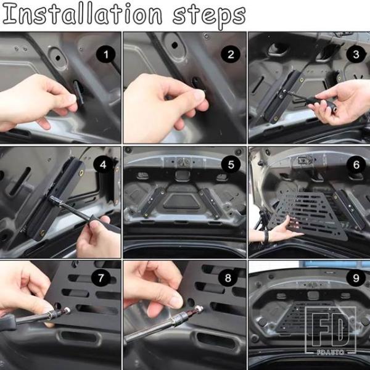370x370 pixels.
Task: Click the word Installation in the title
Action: [x=82, y=14]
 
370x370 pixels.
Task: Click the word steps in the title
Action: [x=209, y=17]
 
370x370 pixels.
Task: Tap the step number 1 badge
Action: [x=105, y=54]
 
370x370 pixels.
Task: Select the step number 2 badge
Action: [x=231, y=54]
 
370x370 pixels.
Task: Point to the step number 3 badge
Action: [x=356, y=54]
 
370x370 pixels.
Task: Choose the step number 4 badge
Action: [x=103, y=165]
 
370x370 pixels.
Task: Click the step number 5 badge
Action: [x=231, y=165]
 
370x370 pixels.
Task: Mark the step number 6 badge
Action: [x=356, y=165]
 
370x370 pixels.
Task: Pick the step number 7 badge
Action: [x=101, y=277]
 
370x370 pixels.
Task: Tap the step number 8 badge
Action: [x=228, y=277]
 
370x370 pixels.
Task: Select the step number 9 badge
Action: [x=356, y=277]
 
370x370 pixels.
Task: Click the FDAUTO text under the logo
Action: [x=331, y=352]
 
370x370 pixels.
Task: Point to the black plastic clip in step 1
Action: [x=78, y=92]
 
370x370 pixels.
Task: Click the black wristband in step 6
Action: [x=266, y=237]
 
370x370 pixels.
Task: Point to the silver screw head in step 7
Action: [x=67, y=310]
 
